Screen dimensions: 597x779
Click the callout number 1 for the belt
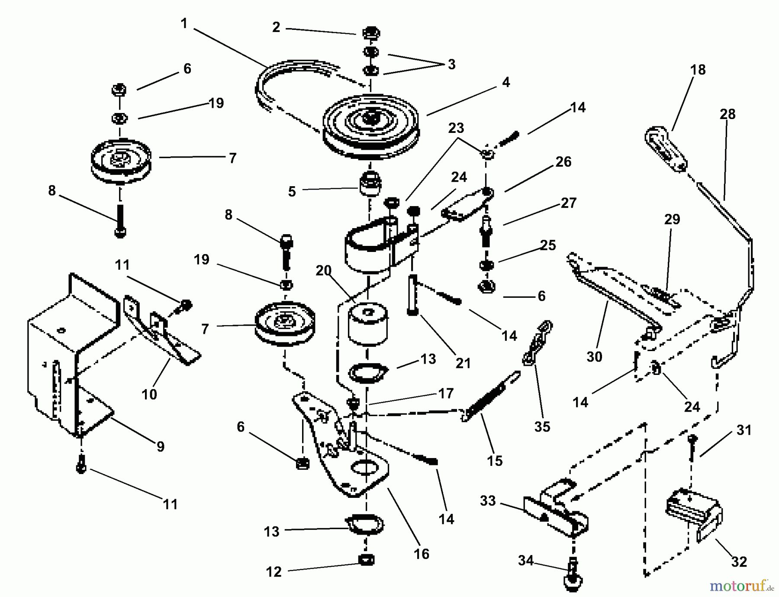184,23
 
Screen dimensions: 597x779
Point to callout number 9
161,446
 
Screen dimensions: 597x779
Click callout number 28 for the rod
727,114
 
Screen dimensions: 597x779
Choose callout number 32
739,562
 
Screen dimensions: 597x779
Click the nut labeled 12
366,559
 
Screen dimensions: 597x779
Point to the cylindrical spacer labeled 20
367,324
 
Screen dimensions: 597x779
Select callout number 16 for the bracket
421,554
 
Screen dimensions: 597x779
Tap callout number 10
149,394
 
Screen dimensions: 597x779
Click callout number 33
488,501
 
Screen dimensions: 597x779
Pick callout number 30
594,357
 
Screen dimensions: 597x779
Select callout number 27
568,203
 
